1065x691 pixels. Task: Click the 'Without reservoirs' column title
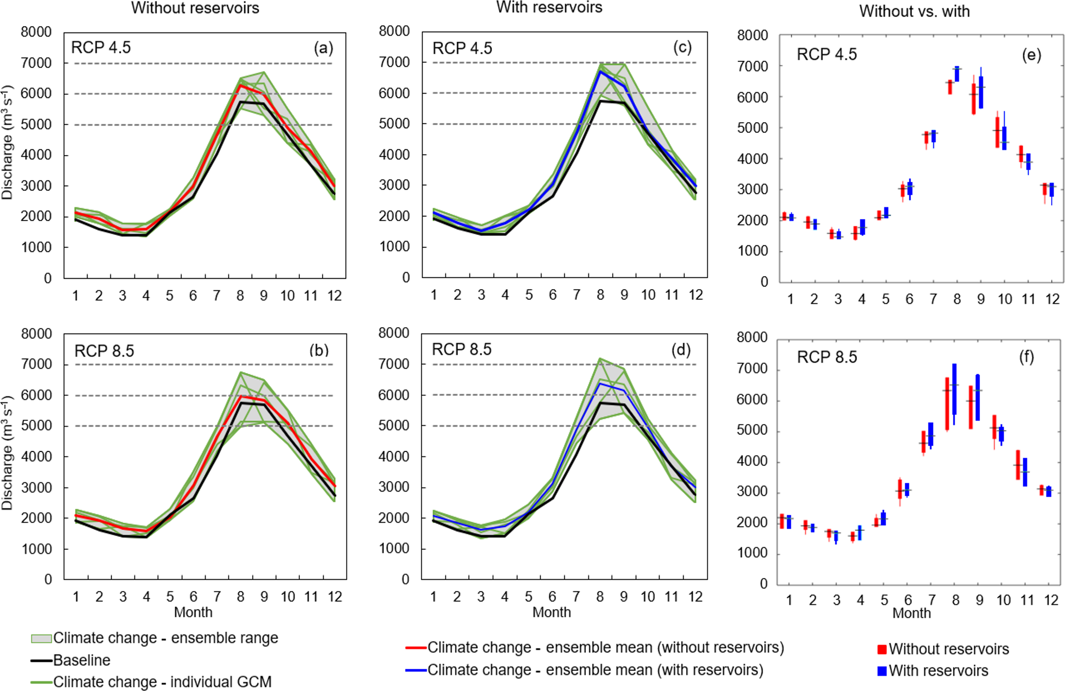195,8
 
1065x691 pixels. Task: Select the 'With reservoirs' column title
549,7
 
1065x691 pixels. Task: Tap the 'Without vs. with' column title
914,11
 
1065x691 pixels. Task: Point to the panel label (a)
323,48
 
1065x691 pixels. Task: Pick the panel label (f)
1026,357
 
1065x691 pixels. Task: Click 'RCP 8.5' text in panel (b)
104,351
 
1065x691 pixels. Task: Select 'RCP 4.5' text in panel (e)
826,55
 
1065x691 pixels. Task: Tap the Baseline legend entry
81,660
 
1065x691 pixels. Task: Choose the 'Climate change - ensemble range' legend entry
165,638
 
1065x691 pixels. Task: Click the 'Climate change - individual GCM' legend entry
162,682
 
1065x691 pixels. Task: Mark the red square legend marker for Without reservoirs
882,649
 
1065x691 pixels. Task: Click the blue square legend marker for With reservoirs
882,671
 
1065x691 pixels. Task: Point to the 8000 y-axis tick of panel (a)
36,32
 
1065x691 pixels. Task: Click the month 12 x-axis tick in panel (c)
696,295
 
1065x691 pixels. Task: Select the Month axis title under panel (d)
551,612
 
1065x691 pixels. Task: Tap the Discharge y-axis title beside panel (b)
7,453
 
